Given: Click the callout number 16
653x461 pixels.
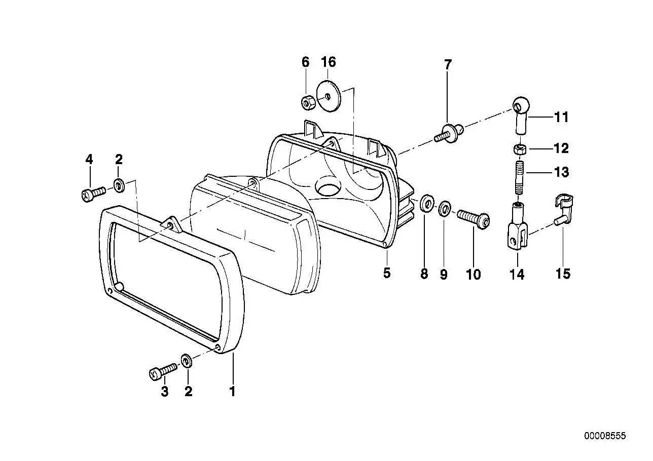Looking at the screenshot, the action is click(329, 62).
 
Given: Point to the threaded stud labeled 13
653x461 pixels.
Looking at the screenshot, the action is click(520, 177).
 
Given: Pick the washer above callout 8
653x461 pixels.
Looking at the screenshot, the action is click(427, 203).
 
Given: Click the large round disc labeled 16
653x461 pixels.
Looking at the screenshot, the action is click(330, 96).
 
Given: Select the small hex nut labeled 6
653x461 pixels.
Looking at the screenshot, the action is click(308, 102).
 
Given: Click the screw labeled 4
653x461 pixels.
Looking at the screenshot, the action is click(93, 193).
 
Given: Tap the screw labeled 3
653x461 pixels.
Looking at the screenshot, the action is click(163, 372).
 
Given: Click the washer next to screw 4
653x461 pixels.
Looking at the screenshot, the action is click(119, 186).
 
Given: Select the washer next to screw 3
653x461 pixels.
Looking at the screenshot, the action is click(186, 361).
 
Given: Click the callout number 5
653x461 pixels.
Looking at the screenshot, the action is click(386, 273).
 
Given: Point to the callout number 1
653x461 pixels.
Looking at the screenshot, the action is click(232, 392).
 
